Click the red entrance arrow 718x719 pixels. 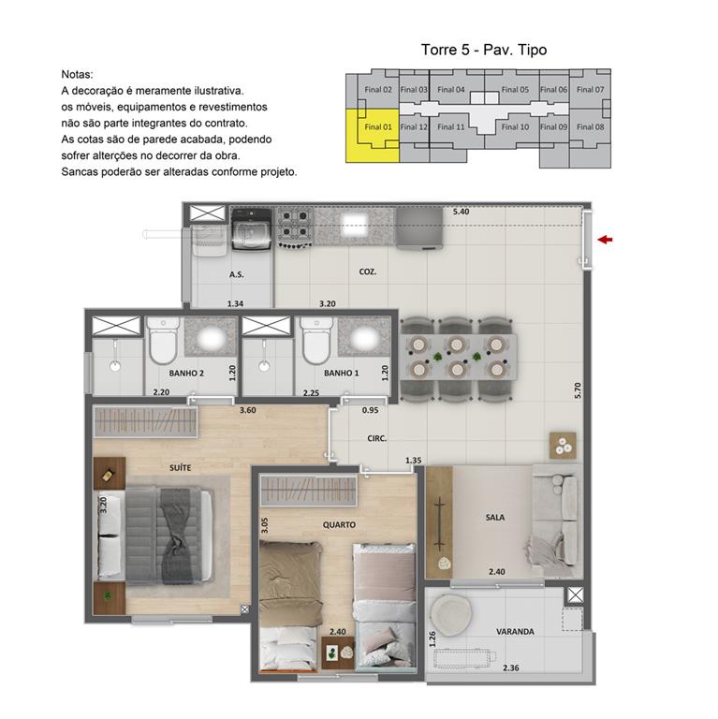tap(606, 241)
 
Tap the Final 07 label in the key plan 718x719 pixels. tap(590, 90)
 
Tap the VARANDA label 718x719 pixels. tap(515, 631)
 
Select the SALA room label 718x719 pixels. tap(495, 516)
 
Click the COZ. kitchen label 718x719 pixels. tap(368, 272)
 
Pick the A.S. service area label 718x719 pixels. tap(236, 275)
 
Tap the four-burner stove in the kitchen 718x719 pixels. tap(296, 227)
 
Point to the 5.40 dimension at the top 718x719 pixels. tap(461, 213)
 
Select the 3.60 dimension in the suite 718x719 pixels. tap(247, 410)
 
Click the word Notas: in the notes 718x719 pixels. tap(77, 73)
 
